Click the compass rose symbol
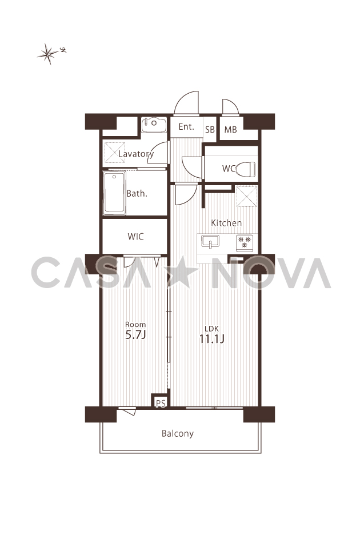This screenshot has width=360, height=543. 49,54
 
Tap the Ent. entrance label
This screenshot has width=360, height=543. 186,127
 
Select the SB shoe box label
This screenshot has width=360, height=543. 210,130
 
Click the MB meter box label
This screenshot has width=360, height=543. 230,130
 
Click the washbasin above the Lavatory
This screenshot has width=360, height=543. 154,125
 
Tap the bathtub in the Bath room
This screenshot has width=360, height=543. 114,193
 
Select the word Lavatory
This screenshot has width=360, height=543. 136,154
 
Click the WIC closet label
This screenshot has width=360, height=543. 135,237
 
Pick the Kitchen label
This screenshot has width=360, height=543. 226,223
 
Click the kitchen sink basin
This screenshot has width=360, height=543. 210,241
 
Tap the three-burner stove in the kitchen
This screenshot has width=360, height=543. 245,242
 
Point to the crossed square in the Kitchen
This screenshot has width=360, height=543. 247,197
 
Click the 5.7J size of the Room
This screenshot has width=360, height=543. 135,335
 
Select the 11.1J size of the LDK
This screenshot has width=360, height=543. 212,339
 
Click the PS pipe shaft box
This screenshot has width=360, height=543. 161,401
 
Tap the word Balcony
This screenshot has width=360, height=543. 178,434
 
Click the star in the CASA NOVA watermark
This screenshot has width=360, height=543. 182,273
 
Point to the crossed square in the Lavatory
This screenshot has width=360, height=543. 115,153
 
